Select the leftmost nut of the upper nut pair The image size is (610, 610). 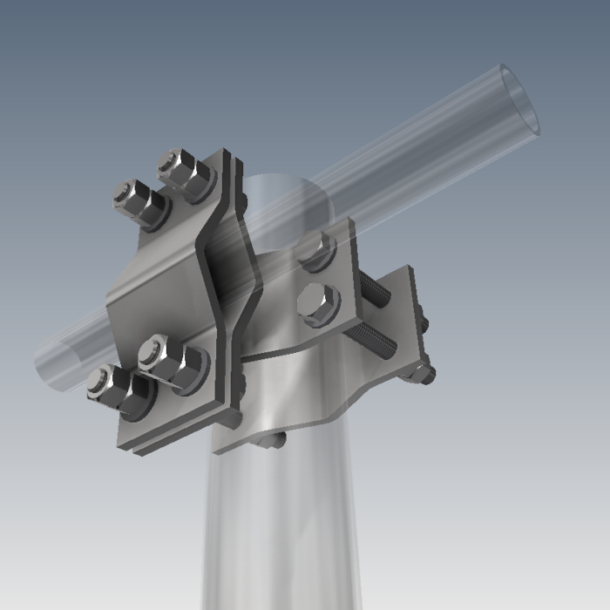click(139, 201)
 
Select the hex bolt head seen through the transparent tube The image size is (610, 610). click(315, 251)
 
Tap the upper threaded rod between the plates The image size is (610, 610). click(375, 292)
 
